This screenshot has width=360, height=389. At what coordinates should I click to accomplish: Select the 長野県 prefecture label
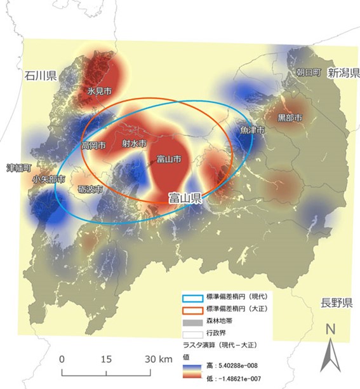pos(335,303)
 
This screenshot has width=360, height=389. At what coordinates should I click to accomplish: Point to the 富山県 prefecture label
pos(185,198)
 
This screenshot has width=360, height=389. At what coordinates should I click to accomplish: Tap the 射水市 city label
pos(134,144)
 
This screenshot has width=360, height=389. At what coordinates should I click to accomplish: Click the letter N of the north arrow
pos(330,330)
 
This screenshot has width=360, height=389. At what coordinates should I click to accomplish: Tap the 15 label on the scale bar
pos(106,359)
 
